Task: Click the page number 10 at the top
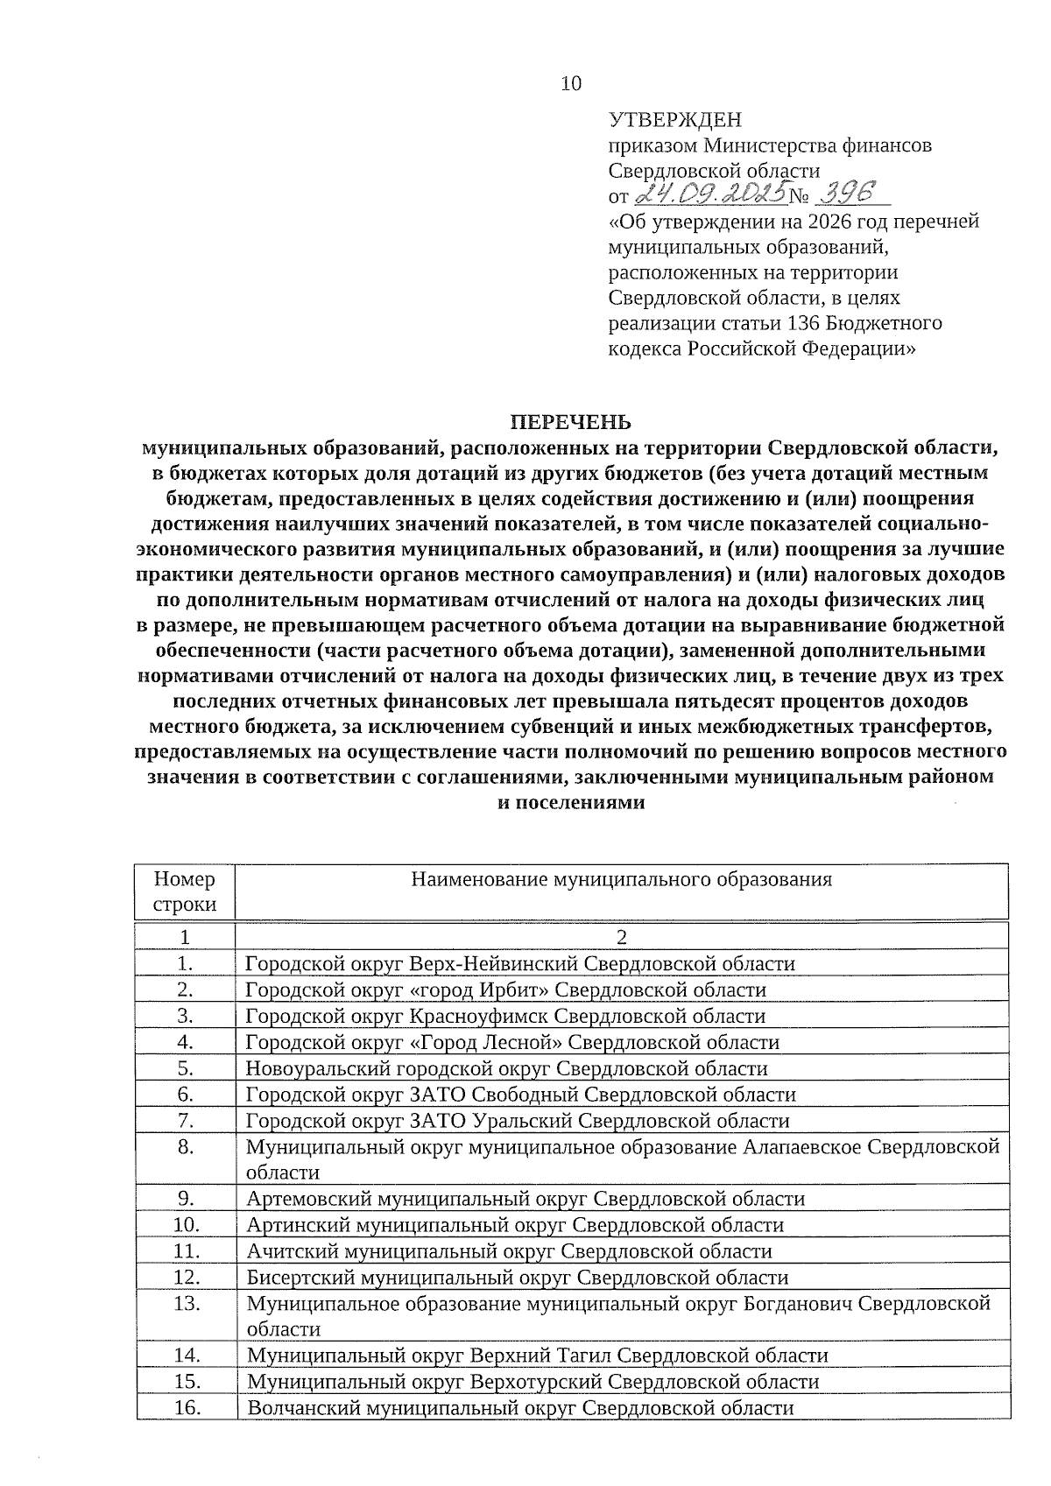(x=570, y=83)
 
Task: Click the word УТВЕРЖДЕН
(x=674, y=120)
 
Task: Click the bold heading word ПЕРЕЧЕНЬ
(x=570, y=423)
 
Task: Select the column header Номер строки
(x=184, y=891)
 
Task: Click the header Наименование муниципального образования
(x=622, y=879)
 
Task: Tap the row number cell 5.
(x=184, y=1068)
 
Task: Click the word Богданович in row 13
(x=797, y=1304)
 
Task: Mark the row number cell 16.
(x=187, y=1408)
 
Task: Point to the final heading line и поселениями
(x=570, y=803)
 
